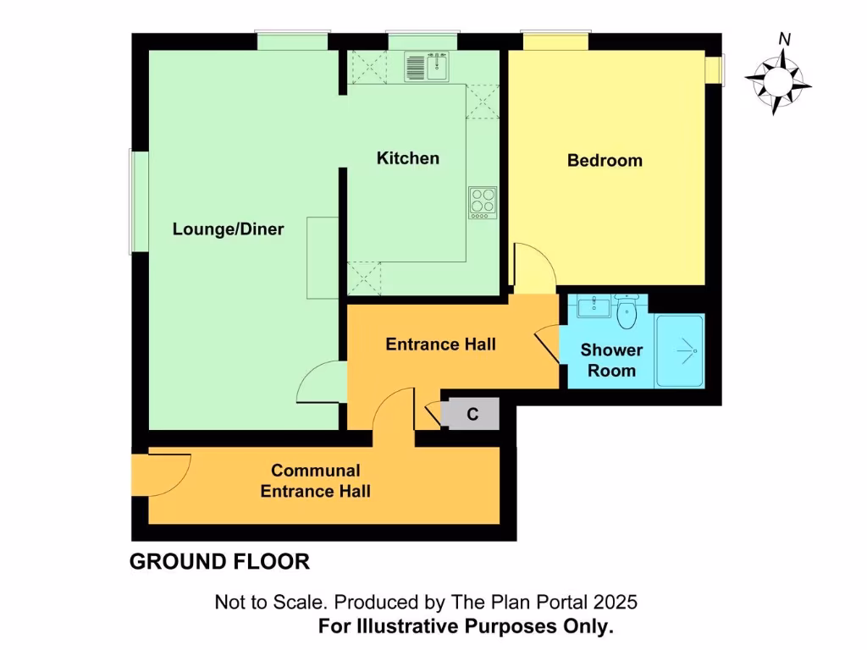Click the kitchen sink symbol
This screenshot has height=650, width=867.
[427, 66]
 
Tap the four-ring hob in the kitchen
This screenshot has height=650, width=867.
[483, 202]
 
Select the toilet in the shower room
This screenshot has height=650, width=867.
[627, 313]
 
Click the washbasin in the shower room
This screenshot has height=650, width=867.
[595, 306]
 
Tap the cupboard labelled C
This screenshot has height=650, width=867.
[472, 415]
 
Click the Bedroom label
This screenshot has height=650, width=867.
[605, 160]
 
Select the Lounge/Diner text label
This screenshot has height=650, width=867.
[228, 229]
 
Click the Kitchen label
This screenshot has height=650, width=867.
[408, 158]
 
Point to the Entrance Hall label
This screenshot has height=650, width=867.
[440, 344]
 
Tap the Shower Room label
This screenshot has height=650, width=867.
[611, 361]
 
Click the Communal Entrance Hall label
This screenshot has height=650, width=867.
[315, 482]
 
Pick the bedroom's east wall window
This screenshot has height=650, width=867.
[715, 70]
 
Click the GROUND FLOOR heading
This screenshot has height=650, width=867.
[219, 561]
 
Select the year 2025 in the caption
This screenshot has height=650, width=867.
[616, 603]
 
